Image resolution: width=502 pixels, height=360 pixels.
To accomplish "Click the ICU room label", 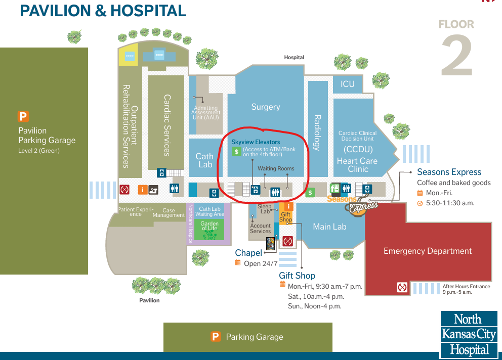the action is click(348, 84).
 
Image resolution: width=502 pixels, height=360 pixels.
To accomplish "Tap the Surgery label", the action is click(265, 107).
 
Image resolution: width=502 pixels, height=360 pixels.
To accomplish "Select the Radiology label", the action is click(317, 133).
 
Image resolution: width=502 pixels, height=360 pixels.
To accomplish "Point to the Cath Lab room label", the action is click(205, 160).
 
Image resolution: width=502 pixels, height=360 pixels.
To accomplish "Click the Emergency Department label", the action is click(427, 251).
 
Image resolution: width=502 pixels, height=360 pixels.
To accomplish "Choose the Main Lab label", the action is click(329, 227).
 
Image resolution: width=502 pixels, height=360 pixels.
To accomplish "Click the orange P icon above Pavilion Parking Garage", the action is click(23, 117).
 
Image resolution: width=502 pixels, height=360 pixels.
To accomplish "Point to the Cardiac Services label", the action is click(166, 125).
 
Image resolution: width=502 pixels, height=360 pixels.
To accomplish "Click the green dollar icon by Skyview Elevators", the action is click(236, 151).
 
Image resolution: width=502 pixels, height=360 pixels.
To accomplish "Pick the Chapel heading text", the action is click(248, 253).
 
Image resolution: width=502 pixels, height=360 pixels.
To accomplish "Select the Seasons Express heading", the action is click(449, 172).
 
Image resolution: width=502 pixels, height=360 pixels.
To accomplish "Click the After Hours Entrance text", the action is click(466, 286).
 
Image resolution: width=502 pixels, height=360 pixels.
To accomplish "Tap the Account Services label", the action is click(261, 229).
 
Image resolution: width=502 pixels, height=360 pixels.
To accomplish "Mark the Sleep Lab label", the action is click(265, 209).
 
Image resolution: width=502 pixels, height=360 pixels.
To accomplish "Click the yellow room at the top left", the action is click(129, 57).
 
